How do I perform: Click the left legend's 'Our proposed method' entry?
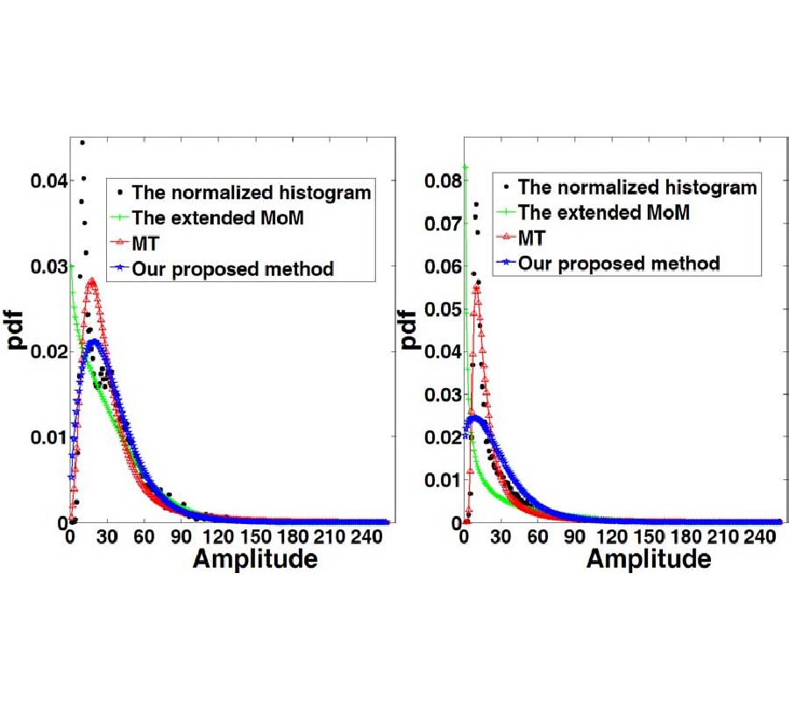pyautogui.click(x=232, y=269)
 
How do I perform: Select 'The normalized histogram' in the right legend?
pyautogui.click(x=636, y=187)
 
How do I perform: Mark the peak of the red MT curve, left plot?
pyautogui.click(x=90, y=281)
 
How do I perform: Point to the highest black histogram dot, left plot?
pyautogui.click(x=82, y=142)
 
